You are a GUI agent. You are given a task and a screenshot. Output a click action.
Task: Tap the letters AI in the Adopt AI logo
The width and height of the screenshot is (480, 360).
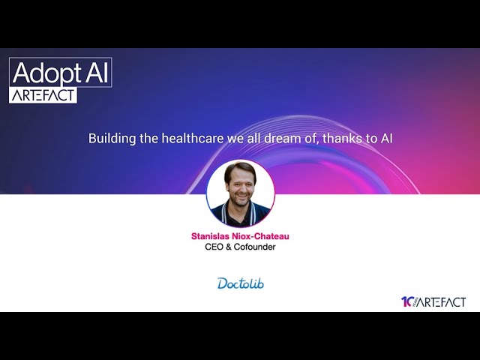[x=94, y=73]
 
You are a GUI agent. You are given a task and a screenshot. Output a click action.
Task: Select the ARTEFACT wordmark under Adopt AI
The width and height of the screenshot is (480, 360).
[x=43, y=94]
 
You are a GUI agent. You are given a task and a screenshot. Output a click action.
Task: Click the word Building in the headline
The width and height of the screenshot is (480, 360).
[x=107, y=139]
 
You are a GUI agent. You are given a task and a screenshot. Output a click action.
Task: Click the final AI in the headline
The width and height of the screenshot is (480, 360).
[x=386, y=139]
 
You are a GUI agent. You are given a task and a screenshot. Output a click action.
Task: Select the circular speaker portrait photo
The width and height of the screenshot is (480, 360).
[x=240, y=193]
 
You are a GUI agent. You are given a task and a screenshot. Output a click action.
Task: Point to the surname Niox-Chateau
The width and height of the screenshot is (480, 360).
[x=264, y=236]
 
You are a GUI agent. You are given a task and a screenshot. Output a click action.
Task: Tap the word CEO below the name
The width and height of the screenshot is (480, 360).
[x=214, y=247]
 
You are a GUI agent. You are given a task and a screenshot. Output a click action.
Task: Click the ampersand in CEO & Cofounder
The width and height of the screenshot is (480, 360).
[x=229, y=247]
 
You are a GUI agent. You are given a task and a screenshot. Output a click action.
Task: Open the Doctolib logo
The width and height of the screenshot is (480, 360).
[x=240, y=283]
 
